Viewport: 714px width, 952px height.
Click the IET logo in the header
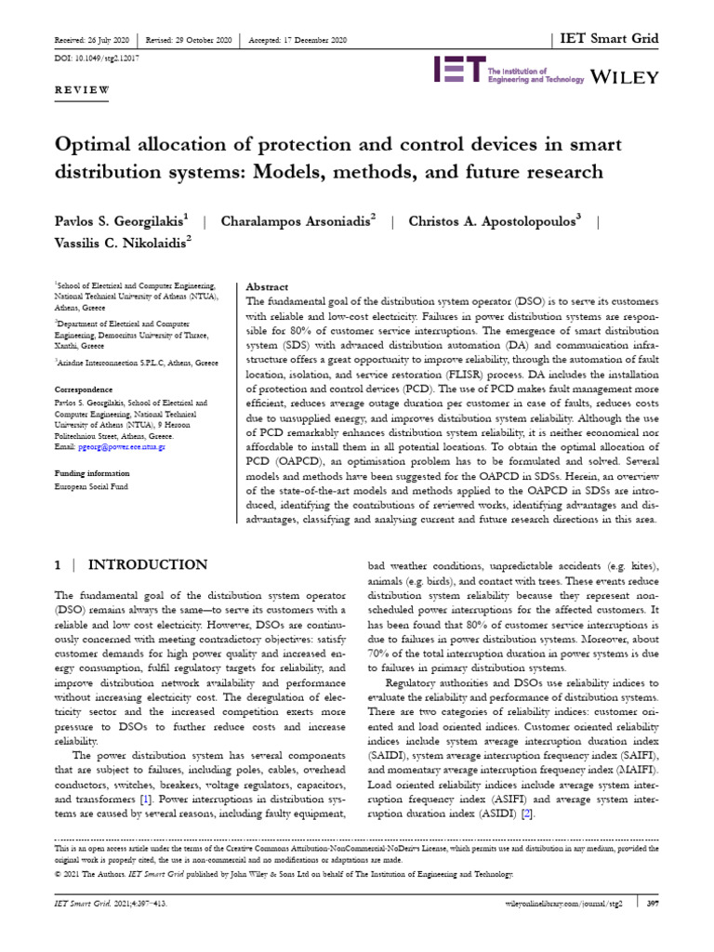(x=459, y=71)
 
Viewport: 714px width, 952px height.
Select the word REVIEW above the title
(x=83, y=90)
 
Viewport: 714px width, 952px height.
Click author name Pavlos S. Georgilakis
(x=119, y=221)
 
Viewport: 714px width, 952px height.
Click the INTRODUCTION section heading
(x=147, y=564)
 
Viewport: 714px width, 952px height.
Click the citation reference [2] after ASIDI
(x=527, y=814)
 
